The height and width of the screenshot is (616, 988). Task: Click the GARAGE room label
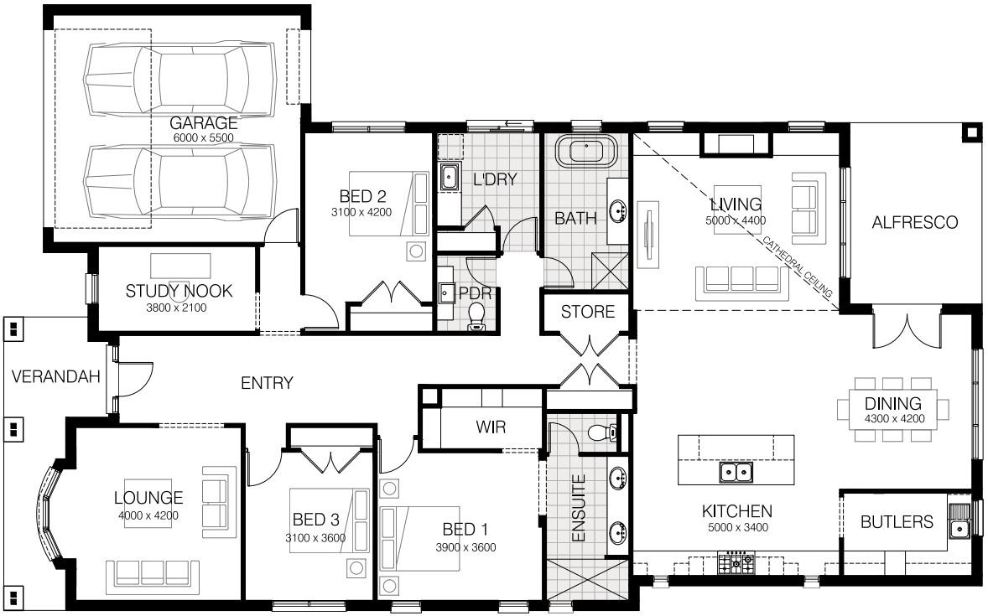point(204,123)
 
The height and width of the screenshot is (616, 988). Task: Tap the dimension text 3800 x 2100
point(176,308)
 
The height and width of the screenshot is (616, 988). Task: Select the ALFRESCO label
point(914,222)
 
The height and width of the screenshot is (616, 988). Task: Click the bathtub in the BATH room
point(586,151)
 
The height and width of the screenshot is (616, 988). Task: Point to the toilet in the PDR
point(477,316)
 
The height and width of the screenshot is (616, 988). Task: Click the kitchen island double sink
point(736,473)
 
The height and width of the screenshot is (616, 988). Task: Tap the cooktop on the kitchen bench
point(736,562)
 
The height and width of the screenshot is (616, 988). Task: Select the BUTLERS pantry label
point(897,522)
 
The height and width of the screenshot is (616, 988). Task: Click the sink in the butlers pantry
point(959,522)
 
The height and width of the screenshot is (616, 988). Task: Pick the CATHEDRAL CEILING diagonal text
point(797,267)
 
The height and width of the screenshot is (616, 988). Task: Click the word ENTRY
point(268,383)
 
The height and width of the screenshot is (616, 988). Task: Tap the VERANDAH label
point(56,376)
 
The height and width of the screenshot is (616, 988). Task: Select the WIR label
point(491,427)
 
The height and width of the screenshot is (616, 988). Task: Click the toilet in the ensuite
point(602,432)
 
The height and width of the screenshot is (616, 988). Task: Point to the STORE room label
point(588,312)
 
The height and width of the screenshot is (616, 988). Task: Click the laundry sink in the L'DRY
point(449,176)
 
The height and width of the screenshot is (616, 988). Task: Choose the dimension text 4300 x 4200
point(895,419)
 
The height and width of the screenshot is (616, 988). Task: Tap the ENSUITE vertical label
point(579,508)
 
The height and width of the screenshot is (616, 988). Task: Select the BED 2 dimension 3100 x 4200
point(361,212)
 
